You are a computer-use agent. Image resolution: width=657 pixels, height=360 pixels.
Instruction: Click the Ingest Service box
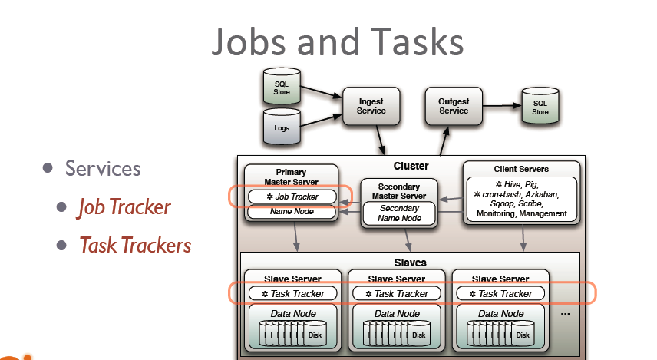pos(371,106)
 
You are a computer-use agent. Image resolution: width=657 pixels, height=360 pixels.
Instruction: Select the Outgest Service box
pos(453,106)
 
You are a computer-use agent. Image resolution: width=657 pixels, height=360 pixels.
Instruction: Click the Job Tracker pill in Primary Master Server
pos(291,197)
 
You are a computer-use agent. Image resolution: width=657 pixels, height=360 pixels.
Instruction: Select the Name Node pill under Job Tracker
pos(291,211)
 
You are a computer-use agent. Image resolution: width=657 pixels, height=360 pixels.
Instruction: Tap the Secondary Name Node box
pos(399,213)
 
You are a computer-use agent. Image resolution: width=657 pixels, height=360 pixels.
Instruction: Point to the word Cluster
pos(411,166)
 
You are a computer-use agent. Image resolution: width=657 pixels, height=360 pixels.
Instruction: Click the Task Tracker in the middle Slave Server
pos(396,293)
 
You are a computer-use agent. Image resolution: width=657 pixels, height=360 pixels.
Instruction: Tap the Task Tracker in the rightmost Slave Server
pos(500,293)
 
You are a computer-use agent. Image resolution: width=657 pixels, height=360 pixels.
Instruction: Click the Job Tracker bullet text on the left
pos(124,207)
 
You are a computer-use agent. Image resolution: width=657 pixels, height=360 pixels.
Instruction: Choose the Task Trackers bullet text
pos(134,245)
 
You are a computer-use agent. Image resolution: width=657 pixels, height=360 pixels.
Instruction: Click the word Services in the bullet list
pos(103,168)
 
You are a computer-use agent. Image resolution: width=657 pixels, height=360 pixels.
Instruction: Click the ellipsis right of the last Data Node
pos(566,314)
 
